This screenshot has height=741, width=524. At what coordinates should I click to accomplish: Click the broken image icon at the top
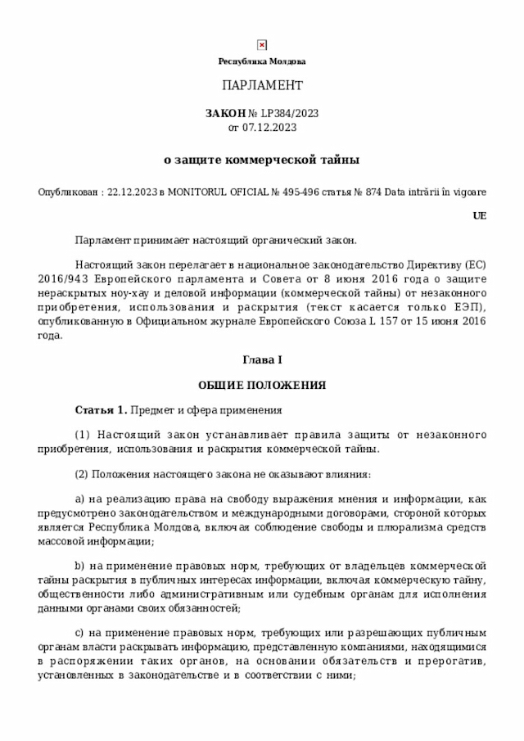point(262,45)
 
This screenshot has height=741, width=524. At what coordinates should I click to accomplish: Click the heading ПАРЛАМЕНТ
point(262,86)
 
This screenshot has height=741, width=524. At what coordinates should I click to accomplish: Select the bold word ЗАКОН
point(224,114)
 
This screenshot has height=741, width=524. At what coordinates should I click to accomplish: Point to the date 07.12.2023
point(269,128)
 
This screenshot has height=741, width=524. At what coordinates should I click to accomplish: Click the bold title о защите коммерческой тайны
point(262,160)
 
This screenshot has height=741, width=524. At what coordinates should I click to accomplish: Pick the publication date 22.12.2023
point(133,192)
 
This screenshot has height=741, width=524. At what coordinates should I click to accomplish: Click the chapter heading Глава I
point(262,360)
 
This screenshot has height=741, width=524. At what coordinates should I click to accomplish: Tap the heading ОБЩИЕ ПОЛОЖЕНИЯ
point(262,385)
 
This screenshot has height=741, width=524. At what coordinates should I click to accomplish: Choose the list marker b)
point(79,566)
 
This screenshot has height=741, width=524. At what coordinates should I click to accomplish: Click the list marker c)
point(79,633)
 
